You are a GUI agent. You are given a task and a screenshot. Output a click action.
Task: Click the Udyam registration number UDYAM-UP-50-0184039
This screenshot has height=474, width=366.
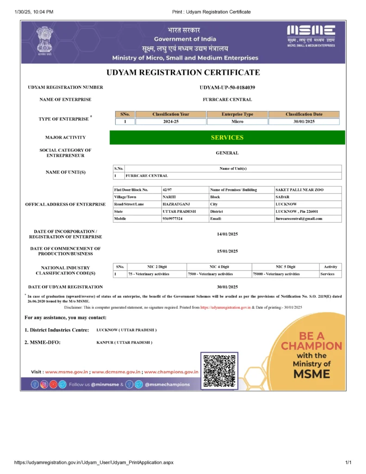(x=227, y=87)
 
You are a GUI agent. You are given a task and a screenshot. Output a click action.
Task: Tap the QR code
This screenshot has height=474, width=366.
(x=219, y=370)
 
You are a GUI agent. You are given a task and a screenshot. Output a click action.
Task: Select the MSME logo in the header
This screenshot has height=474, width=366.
(x=311, y=35)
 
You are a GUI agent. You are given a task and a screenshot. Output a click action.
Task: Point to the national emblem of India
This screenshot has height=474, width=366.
(x=45, y=40)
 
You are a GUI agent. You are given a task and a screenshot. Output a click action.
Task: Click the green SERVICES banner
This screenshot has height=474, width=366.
(x=227, y=137)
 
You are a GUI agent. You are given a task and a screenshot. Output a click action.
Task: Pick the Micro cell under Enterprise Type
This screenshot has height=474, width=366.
(x=237, y=122)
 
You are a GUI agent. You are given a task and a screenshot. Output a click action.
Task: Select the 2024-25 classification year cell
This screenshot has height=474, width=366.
(x=171, y=122)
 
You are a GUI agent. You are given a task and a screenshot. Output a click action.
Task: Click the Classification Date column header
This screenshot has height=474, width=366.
(x=304, y=114)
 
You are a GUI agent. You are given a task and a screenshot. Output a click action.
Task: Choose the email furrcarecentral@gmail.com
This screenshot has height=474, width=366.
(x=299, y=218)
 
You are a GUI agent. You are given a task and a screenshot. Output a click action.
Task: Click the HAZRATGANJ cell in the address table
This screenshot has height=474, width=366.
(x=176, y=204)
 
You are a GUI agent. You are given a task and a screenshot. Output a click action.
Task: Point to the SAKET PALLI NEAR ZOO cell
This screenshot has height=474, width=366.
(x=296, y=190)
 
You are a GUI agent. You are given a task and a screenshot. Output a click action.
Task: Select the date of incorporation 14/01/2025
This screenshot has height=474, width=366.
(x=227, y=234)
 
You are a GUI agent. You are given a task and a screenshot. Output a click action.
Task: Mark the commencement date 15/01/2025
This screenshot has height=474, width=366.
(x=227, y=251)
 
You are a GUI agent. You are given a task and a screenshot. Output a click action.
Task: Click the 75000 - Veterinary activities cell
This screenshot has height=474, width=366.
(x=276, y=274)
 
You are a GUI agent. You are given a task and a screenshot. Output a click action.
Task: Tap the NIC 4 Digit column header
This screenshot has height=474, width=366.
(x=219, y=267)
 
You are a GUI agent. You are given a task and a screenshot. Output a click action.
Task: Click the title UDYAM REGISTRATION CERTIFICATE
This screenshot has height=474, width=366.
(x=183, y=73)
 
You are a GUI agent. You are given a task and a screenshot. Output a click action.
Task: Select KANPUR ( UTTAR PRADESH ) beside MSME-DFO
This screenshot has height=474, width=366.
(x=124, y=343)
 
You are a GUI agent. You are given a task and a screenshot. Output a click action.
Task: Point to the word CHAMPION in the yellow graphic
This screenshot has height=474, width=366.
(x=312, y=346)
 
